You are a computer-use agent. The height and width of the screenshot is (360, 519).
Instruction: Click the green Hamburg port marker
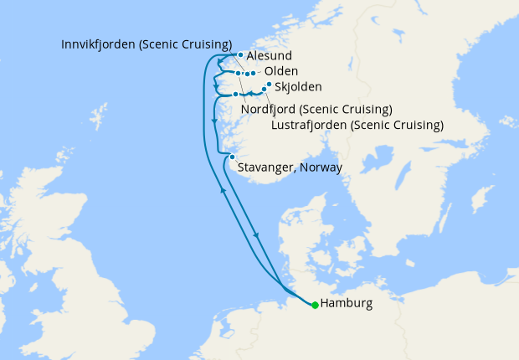click(315, 305)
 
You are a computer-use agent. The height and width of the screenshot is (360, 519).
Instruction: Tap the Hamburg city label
click(347, 304)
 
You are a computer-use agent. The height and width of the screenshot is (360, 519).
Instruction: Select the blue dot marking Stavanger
click(232, 156)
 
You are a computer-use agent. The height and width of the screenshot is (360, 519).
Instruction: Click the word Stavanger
click(265, 167)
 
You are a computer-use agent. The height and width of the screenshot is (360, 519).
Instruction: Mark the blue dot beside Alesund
click(240, 55)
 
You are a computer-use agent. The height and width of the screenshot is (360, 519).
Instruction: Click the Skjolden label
click(299, 86)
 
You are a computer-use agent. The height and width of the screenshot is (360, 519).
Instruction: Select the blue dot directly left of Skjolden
click(268, 85)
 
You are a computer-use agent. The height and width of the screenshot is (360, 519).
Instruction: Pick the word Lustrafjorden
click(310, 126)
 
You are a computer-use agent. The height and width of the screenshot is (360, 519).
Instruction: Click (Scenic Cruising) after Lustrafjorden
click(397, 126)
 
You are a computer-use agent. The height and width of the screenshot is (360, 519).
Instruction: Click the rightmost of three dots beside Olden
click(253, 74)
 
